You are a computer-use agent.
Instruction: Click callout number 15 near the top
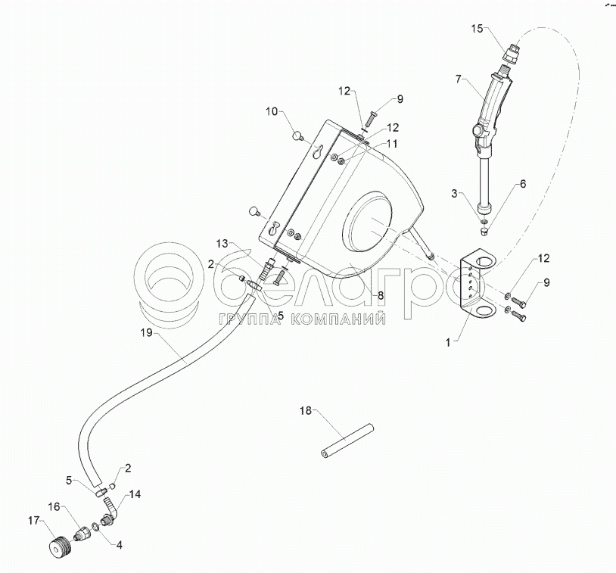pos(476,29)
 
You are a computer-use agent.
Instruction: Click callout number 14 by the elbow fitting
pos(135,494)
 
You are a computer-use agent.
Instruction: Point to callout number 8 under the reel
pos(381,295)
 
